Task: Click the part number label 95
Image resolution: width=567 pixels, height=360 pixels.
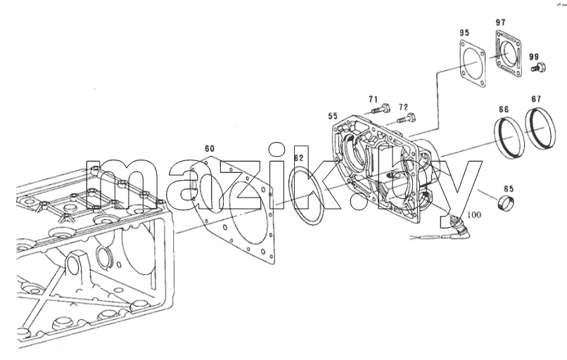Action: [x=464, y=33]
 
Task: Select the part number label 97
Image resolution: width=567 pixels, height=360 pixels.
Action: [x=500, y=22]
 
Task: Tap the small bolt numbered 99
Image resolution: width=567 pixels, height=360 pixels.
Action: [x=539, y=67]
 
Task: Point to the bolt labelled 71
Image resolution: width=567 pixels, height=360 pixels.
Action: [x=380, y=108]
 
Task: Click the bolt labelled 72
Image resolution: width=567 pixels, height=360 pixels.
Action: [x=407, y=118]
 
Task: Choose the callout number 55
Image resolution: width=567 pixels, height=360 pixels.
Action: [x=333, y=116]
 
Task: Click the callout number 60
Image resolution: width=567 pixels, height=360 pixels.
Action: [x=210, y=148]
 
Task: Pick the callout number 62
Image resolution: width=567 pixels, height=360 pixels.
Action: [x=299, y=158]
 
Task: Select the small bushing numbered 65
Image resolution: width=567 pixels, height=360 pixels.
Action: [x=507, y=203]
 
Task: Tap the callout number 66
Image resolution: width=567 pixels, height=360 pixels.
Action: [x=504, y=110]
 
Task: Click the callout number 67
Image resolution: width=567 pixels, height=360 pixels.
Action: [x=536, y=99]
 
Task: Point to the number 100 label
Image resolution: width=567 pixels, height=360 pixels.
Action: [x=474, y=214]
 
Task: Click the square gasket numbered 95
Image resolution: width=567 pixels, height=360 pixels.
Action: [x=473, y=65]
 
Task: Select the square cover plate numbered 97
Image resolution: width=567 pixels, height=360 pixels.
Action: [x=509, y=53]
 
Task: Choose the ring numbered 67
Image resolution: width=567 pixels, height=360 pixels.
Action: [x=540, y=127]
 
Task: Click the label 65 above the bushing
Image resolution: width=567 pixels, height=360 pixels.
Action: [x=509, y=189]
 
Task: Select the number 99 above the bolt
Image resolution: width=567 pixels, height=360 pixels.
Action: [x=534, y=57]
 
